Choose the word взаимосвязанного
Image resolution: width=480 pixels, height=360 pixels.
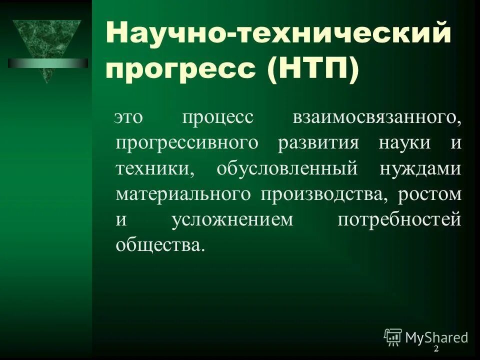coord(376,117)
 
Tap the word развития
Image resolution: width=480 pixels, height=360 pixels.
coord(319,143)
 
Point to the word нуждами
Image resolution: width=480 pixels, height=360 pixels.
coord(420,168)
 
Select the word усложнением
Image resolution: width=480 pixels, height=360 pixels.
coord(232,220)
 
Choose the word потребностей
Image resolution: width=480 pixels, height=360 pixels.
coord(398,220)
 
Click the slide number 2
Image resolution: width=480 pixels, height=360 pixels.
coord(435,348)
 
